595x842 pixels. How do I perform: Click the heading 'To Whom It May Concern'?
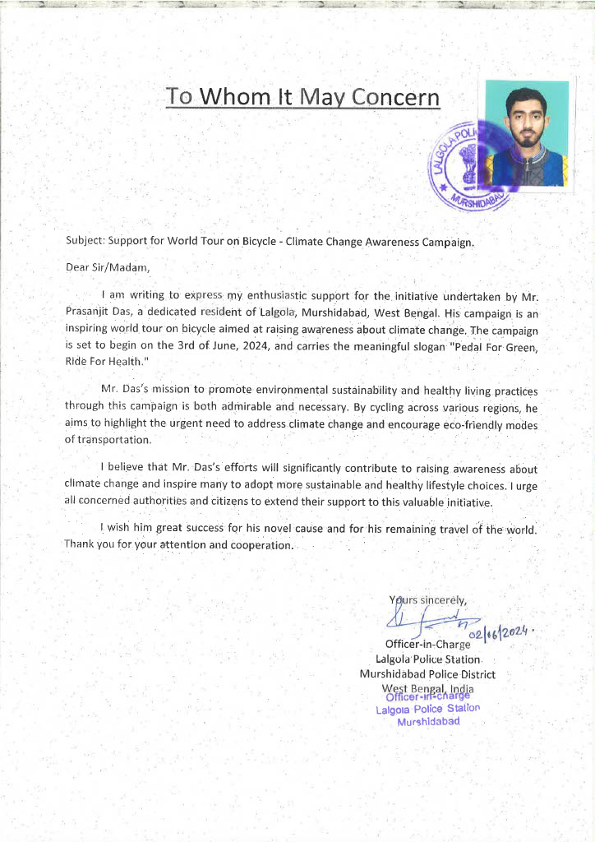302,97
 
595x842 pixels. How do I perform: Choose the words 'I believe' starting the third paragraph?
122,469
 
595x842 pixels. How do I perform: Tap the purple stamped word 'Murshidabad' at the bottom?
428,722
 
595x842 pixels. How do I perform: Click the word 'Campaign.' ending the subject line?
450,243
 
